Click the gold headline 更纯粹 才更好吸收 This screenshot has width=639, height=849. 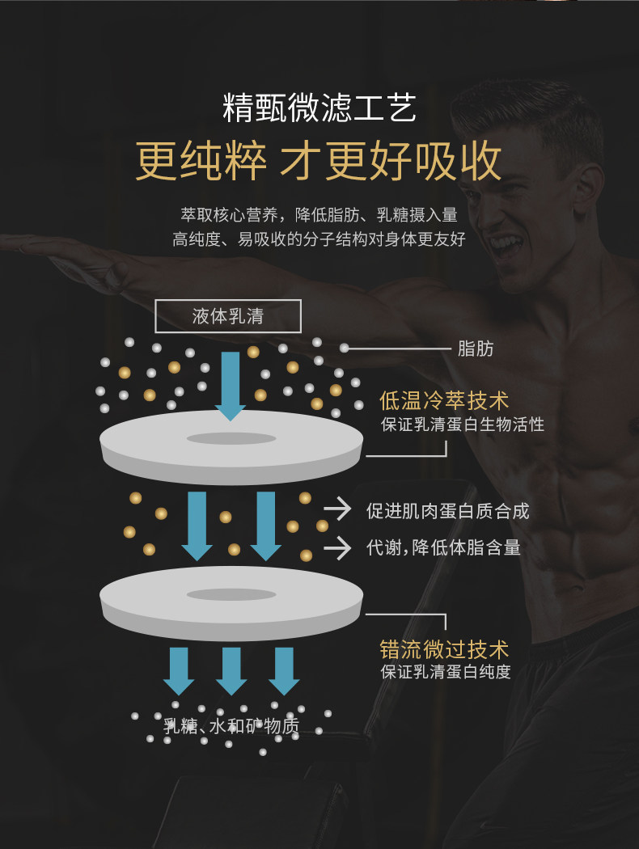tap(319, 161)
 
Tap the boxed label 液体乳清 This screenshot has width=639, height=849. tap(227, 316)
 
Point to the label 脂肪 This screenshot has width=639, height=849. tap(476, 348)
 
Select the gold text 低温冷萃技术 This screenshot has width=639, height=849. tap(444, 400)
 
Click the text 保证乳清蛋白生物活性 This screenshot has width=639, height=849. tap(463, 424)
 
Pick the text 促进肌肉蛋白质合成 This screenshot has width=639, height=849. tap(447, 510)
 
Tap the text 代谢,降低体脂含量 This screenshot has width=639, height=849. tap(443, 547)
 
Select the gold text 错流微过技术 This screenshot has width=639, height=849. tap(444, 649)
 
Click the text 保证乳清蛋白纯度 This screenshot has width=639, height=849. tap(446, 672)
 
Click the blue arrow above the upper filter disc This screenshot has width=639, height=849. tap(231, 386)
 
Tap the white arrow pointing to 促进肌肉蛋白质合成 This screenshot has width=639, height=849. tap(337, 509)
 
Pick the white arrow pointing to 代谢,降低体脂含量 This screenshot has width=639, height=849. tap(337, 547)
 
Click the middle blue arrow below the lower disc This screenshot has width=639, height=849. tap(231, 670)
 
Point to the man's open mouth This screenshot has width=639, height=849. tap(503, 243)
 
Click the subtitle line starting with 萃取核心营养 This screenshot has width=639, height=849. tap(319, 215)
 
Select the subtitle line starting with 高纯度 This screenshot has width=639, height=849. tap(319, 239)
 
